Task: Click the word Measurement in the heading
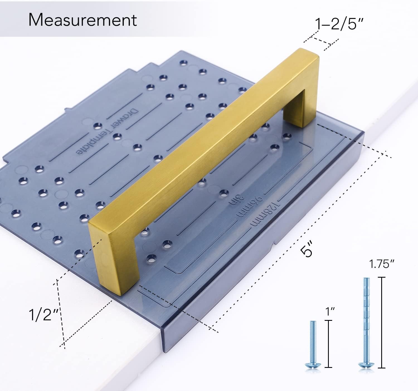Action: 82,20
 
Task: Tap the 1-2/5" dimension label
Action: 339,24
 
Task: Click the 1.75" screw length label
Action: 381,264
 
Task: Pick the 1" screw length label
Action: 330,311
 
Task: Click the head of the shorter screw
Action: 313,366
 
